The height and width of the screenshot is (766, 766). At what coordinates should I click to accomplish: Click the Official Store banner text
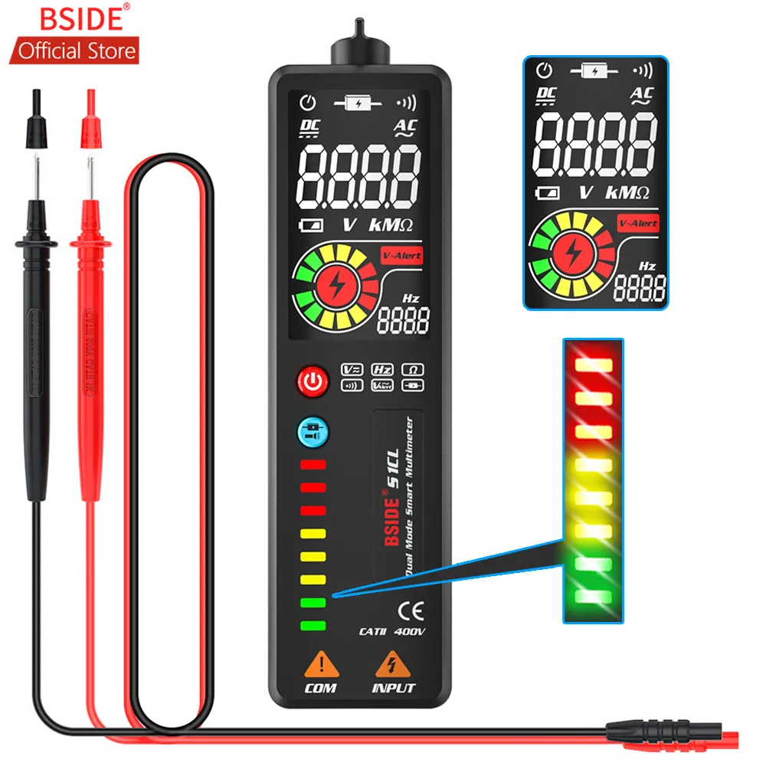point(77,51)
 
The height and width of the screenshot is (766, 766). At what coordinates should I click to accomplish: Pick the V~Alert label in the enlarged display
point(637,222)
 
